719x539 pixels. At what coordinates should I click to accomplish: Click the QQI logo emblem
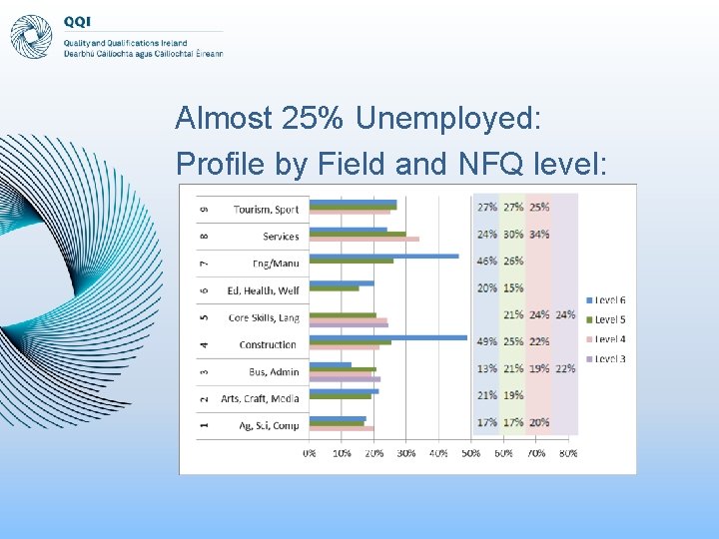31,37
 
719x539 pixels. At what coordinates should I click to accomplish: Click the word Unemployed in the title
447,119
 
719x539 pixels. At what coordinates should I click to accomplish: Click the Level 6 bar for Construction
387,337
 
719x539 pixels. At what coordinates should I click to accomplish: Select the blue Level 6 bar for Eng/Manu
383,256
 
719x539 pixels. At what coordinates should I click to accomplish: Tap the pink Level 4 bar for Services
363,240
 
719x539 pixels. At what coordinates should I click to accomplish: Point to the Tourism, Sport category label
266,210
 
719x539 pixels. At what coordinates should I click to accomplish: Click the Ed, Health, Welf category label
263,290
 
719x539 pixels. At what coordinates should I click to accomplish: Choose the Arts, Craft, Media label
260,399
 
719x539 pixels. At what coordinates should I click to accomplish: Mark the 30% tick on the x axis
406,453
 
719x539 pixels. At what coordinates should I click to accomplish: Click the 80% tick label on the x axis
567,453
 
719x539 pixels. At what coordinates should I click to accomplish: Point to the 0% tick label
310,453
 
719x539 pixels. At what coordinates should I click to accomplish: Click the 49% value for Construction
487,341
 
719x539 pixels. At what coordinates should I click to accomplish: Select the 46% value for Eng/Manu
487,262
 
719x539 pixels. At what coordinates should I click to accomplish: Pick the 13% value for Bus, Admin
487,369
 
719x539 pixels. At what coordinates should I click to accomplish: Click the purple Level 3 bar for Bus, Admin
345,379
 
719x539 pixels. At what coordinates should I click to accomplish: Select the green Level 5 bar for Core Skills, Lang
343,315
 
